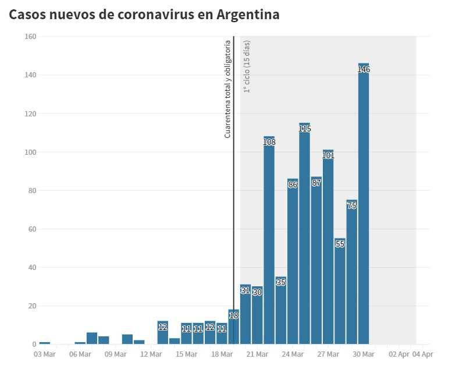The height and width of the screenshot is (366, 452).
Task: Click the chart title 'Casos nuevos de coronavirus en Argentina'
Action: pyautogui.click(x=144, y=15)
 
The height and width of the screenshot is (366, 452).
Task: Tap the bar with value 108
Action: pyautogui.click(x=269, y=244)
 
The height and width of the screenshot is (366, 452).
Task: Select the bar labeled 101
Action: pyautogui.click(x=328, y=250)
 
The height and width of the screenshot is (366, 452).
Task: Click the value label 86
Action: pyautogui.click(x=293, y=184)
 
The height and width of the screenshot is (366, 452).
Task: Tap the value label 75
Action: pyautogui.click(x=352, y=205)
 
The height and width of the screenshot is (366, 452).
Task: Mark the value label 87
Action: pyautogui.click(x=316, y=183)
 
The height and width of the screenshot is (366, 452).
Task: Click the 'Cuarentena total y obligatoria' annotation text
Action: pyautogui.click(x=228, y=88)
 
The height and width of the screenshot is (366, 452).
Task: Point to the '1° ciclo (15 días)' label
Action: pyautogui.click(x=247, y=66)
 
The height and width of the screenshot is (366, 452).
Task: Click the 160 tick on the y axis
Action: pyautogui.click(x=30, y=37)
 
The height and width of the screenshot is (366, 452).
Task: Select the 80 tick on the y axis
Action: pyautogui.click(x=32, y=190)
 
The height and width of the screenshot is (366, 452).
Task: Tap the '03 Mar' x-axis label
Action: pyautogui.click(x=44, y=354)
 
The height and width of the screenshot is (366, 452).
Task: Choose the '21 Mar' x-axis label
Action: pyautogui.click(x=257, y=354)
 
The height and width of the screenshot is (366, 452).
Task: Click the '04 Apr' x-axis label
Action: pyautogui.click(x=422, y=354)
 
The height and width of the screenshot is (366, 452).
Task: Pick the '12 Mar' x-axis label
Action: pyautogui.click(x=151, y=354)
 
